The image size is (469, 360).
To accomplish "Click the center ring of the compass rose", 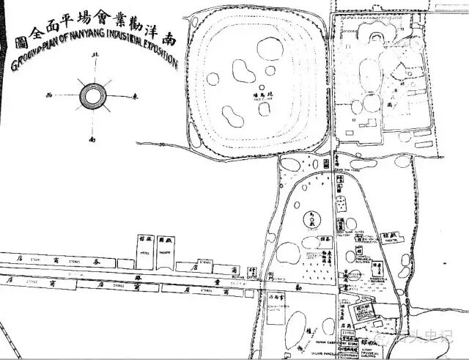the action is tap(93, 96).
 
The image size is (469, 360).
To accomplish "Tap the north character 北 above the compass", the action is tap(93, 56).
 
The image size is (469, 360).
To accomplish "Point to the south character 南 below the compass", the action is tap(92, 137).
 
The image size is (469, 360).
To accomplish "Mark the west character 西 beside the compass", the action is tap(50, 95).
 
